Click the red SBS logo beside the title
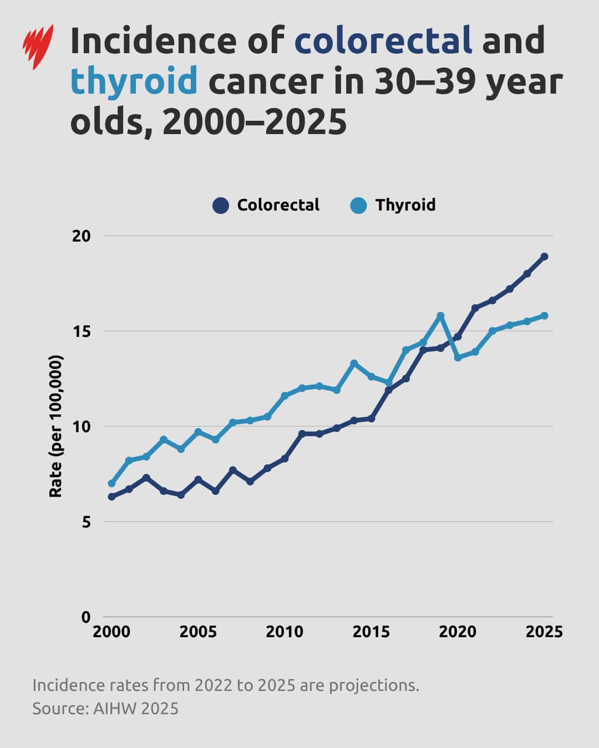point(38,47)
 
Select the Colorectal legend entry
point(266,206)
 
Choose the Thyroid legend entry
point(393,206)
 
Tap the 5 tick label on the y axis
point(85,522)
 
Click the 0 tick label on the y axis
point(85,617)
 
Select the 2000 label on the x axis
point(111,632)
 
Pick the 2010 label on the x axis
point(285,632)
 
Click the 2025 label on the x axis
point(544,632)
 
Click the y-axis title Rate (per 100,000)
point(56,426)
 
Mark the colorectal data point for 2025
point(544,257)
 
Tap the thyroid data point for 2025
point(544,316)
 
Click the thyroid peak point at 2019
point(440,316)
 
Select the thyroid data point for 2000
point(111,484)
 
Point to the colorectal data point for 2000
point(111,497)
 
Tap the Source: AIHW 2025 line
point(105,709)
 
